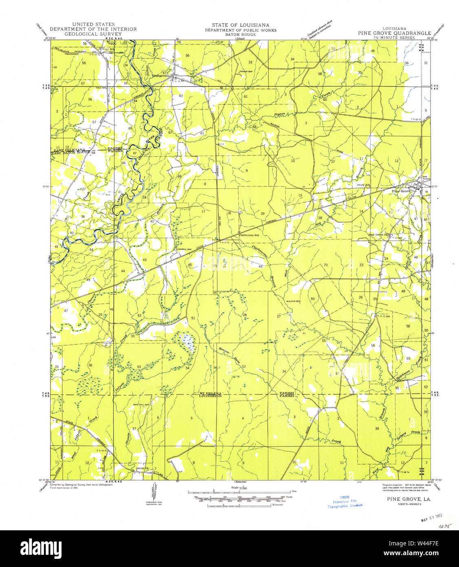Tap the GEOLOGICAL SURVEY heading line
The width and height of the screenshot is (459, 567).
93,34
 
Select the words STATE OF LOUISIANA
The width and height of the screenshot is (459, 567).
240,25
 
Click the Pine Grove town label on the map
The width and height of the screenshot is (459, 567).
401,191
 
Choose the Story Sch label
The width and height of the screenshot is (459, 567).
363,185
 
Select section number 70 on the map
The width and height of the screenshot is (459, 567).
325,265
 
